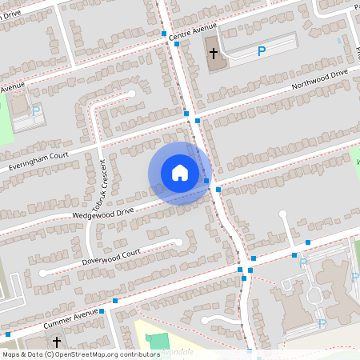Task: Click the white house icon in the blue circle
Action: pyautogui.click(x=180, y=173)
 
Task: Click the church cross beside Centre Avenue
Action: pyautogui.click(x=214, y=54)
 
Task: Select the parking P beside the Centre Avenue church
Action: pyautogui.click(x=261, y=52)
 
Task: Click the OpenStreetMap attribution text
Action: pyautogui.click(x=81, y=354)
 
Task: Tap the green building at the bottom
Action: pyautogui.click(x=159, y=340)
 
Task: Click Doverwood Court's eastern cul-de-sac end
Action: pyautogui.click(x=179, y=241)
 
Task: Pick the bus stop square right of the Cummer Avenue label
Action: pyautogui.click(x=115, y=301)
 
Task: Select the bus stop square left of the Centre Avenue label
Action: pyautogui.click(x=163, y=34)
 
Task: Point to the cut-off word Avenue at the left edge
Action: pyautogui.click(x=12, y=87)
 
